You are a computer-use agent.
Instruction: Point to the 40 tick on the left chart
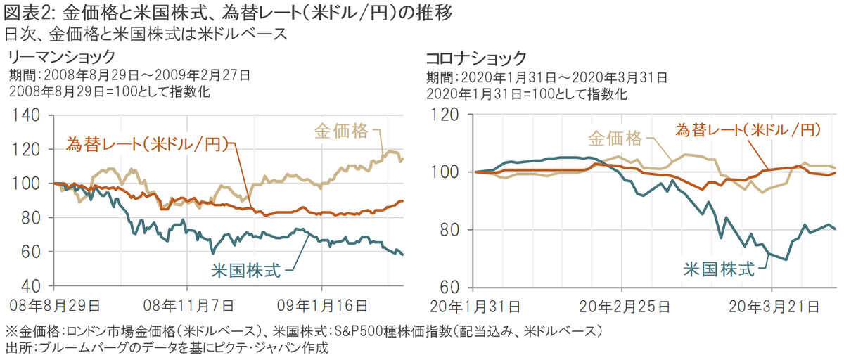point(31,286)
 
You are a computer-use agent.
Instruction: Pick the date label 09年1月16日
point(321,307)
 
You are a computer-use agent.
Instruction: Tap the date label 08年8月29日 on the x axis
point(54,307)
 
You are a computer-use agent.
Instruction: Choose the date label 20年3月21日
point(772,307)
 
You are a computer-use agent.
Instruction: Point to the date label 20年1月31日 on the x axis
point(475,307)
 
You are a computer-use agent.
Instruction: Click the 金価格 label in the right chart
point(615,137)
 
